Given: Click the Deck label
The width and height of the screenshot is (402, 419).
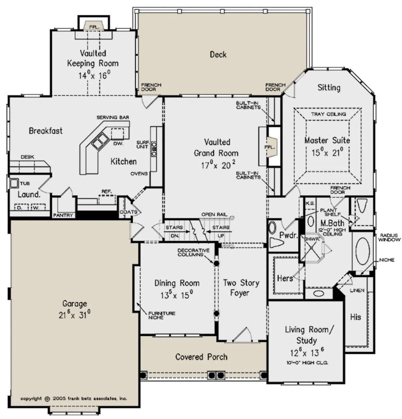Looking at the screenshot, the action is (x=218, y=55).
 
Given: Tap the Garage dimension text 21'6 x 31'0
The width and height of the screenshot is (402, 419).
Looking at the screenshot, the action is (x=74, y=315).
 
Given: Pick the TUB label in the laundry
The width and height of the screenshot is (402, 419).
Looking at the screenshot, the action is (x=25, y=184).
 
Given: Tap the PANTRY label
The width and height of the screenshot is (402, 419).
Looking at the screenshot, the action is (x=63, y=215).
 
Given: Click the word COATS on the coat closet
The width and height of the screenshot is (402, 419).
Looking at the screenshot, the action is (x=128, y=212).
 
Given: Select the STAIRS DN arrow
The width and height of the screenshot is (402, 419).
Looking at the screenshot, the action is (x=177, y=232).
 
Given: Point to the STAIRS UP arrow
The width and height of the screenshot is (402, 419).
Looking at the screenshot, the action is (x=219, y=232).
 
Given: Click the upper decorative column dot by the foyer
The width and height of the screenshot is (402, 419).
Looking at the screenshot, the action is (x=216, y=263).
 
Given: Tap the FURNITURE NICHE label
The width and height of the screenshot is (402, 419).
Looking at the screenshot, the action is (x=162, y=315).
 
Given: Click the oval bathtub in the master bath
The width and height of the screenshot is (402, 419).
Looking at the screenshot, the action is (x=363, y=251).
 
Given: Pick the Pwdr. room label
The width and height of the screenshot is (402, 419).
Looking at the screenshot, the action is (x=288, y=235).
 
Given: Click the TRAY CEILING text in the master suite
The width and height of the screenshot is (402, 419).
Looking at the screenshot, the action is (x=328, y=114).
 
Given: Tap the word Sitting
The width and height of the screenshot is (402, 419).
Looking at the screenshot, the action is (x=329, y=88).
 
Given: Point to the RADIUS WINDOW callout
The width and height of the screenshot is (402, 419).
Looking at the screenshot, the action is (x=390, y=237).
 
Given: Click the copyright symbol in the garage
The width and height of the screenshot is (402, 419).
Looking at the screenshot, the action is (x=47, y=399).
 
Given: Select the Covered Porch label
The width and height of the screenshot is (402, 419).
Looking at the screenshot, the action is (x=201, y=357).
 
